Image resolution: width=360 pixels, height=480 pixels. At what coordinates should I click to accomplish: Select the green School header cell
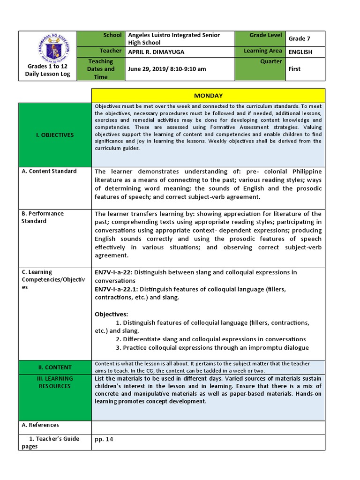tap(100, 39)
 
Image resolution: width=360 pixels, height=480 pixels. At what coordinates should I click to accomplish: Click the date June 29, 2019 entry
tap(167, 69)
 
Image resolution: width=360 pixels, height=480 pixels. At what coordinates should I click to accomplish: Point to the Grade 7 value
tap(300, 39)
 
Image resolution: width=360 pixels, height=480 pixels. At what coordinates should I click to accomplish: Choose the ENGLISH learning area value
tap(300, 52)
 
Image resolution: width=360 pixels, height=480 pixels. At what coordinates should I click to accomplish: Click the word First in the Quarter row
tap(295, 69)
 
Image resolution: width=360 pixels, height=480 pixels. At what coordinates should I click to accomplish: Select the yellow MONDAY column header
tap(208, 96)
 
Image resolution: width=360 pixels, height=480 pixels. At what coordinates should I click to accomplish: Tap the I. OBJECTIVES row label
tap(55, 135)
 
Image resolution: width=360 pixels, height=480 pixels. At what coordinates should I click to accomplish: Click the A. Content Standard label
tap(49, 171)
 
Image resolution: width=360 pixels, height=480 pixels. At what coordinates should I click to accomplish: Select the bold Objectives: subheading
tap(111, 314)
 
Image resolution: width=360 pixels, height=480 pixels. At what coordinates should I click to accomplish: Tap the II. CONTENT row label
tap(55, 367)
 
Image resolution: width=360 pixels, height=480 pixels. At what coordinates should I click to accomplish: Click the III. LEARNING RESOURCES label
tap(55, 382)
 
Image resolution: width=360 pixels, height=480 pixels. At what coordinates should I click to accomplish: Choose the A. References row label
tap(40, 425)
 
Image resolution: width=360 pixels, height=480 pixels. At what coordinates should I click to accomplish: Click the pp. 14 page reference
tap(104, 440)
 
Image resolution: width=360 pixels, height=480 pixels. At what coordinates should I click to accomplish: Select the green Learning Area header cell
tap(262, 51)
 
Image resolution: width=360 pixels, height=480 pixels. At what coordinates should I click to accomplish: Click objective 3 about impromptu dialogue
tap(212, 348)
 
